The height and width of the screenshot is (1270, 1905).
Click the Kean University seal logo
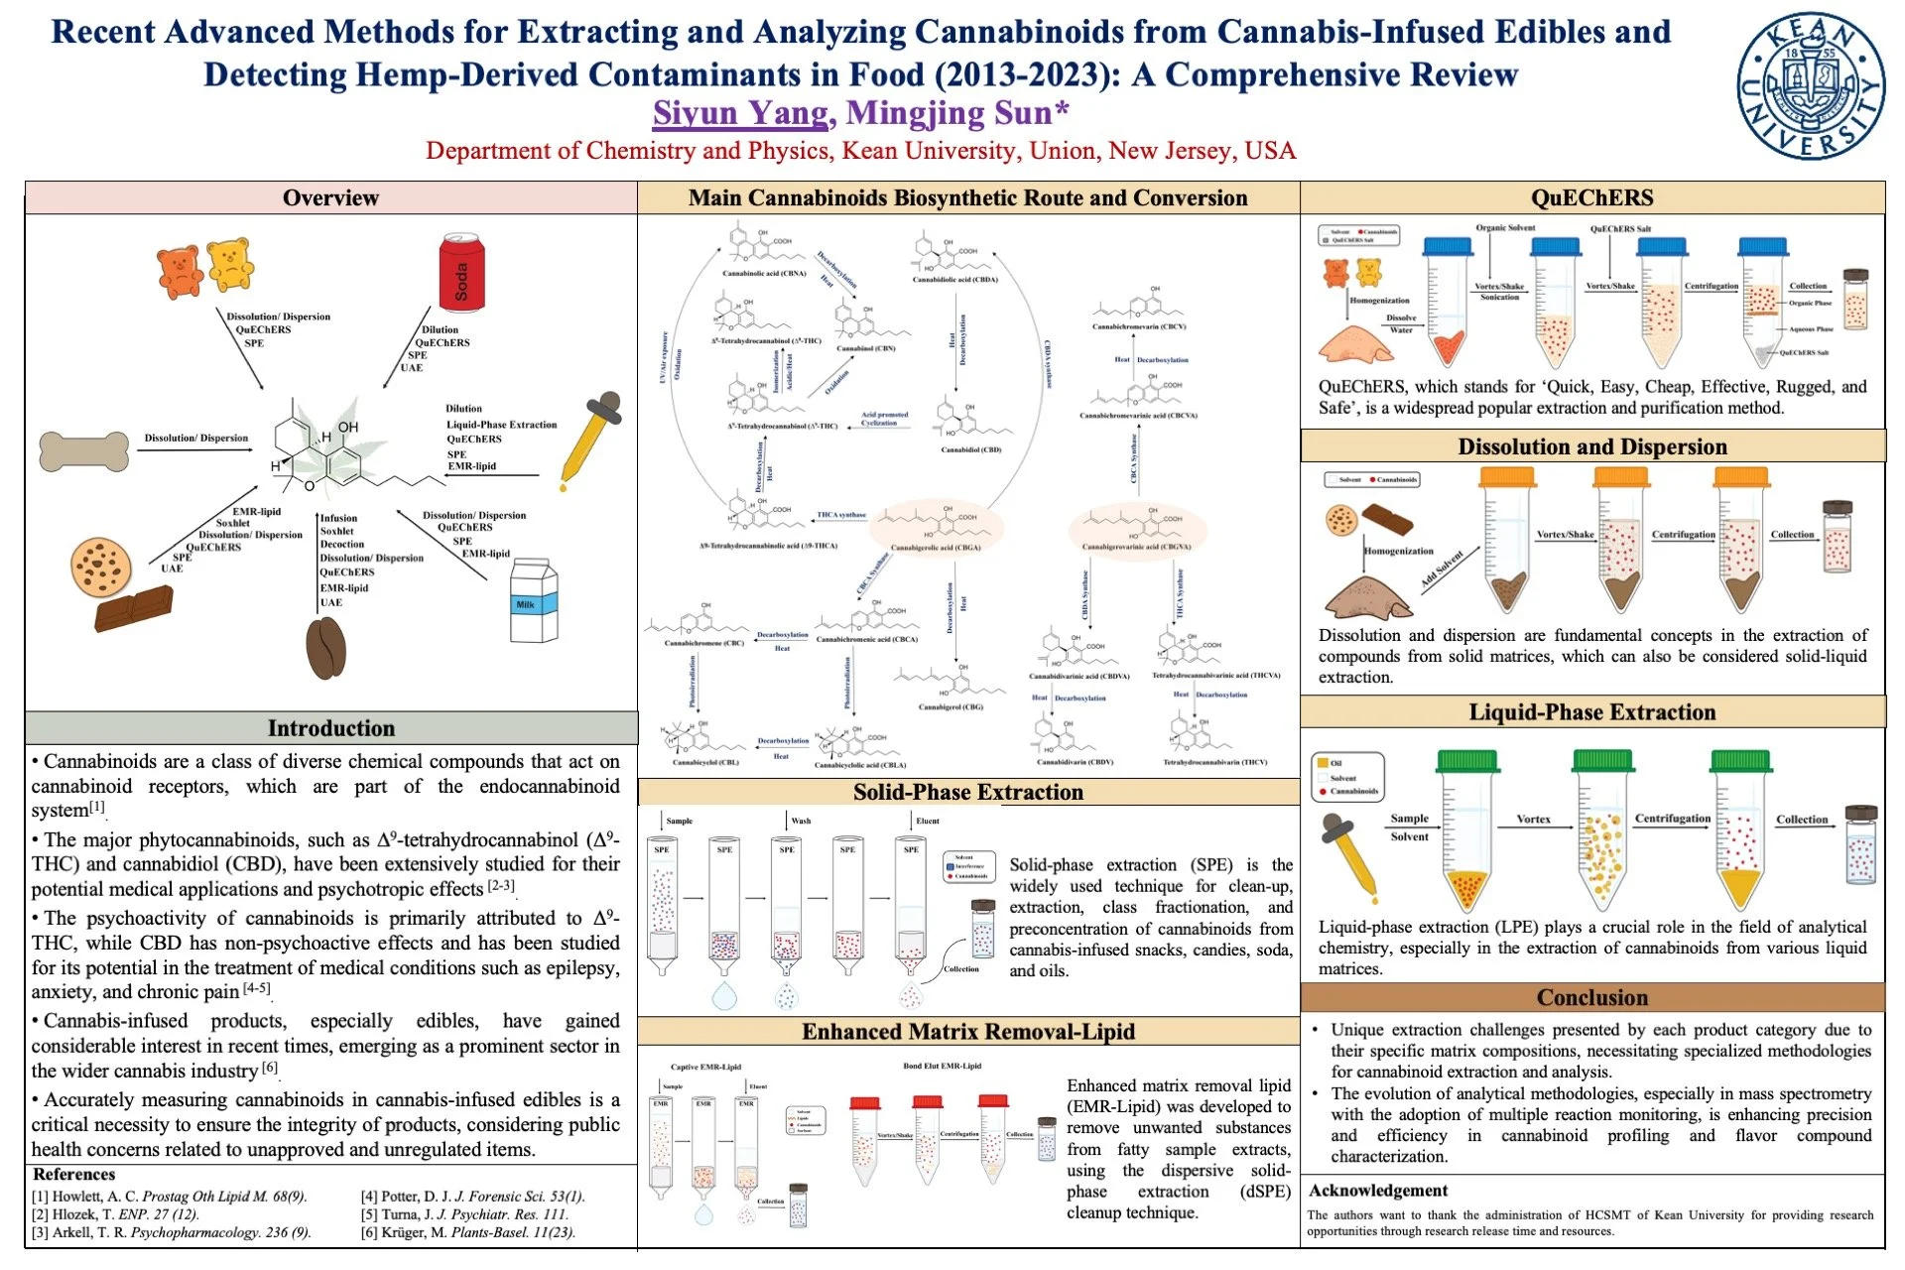click(1810, 86)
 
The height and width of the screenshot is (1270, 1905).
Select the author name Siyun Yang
click(740, 113)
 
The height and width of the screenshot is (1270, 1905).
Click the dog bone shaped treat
click(84, 450)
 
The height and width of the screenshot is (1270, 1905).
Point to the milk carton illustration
click(533, 601)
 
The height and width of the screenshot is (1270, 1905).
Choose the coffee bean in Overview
click(326, 648)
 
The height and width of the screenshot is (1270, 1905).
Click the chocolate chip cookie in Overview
click(101, 567)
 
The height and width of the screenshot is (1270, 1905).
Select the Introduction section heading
click(330, 728)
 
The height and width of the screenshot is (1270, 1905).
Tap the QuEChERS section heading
click(1591, 197)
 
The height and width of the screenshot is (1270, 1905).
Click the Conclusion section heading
click(1591, 997)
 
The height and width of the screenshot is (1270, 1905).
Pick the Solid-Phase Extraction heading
click(967, 792)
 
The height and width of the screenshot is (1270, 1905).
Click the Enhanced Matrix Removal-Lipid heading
click(967, 1032)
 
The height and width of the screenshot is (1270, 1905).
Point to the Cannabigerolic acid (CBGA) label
click(935, 548)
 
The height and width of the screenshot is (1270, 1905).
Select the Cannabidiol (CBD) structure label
click(970, 449)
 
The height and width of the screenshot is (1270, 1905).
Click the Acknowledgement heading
click(1377, 1191)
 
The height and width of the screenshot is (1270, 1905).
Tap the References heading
click(74, 1175)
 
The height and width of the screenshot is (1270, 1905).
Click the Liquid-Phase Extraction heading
click(1591, 712)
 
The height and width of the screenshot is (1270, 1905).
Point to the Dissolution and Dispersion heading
click(1591, 446)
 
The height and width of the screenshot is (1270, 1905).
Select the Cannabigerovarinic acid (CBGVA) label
click(1136, 547)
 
